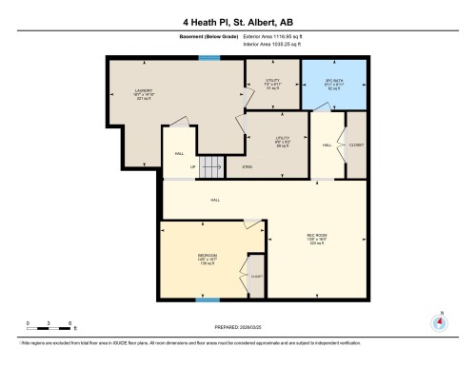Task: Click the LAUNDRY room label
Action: pyautogui.click(x=145, y=94)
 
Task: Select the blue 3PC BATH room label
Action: pyautogui.click(x=334, y=83)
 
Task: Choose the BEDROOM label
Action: pyautogui.click(x=207, y=259)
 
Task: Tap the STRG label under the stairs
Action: pyautogui.click(x=247, y=165)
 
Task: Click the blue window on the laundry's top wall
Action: pyautogui.click(x=205, y=59)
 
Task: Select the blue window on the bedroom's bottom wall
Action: pyautogui.click(x=201, y=299)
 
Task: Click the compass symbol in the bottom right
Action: pyautogui.click(x=439, y=320)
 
